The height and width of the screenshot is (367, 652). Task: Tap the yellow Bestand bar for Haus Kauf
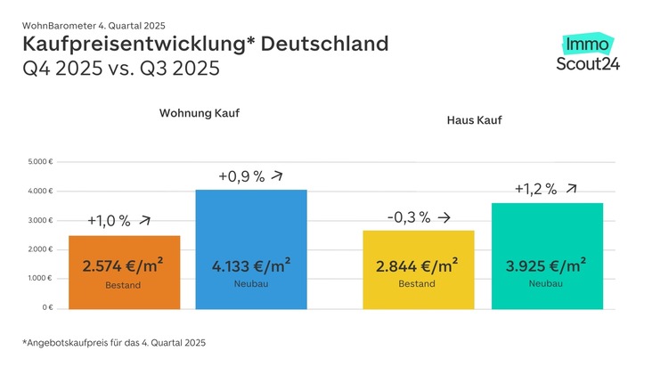418,270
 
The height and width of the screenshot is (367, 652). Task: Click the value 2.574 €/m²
123,265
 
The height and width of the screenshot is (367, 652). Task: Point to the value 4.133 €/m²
251,265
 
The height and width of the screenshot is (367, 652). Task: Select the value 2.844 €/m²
418,265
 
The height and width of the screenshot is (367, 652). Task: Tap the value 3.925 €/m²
547,265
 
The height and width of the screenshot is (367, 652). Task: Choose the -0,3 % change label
409,216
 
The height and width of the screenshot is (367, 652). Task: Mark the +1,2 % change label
535,189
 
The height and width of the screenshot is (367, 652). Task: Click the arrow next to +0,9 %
279,175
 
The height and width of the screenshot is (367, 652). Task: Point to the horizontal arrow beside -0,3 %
444,216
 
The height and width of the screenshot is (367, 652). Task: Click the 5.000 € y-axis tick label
41,162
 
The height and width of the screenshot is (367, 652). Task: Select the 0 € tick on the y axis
46,307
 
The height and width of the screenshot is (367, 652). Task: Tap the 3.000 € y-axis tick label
41,220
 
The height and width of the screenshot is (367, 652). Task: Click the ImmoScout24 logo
587,53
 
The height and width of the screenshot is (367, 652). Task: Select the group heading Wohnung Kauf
199,114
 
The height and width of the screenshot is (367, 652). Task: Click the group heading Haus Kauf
474,119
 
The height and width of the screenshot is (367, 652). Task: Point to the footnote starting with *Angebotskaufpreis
114,342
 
